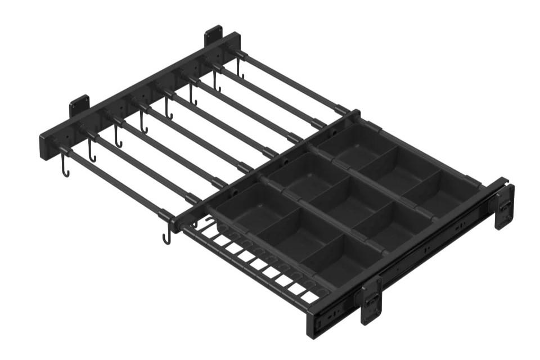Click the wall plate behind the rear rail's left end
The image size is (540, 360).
click(79, 106)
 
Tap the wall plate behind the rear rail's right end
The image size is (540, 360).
click(213, 35)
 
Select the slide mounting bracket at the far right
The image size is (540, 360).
click(504, 206)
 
